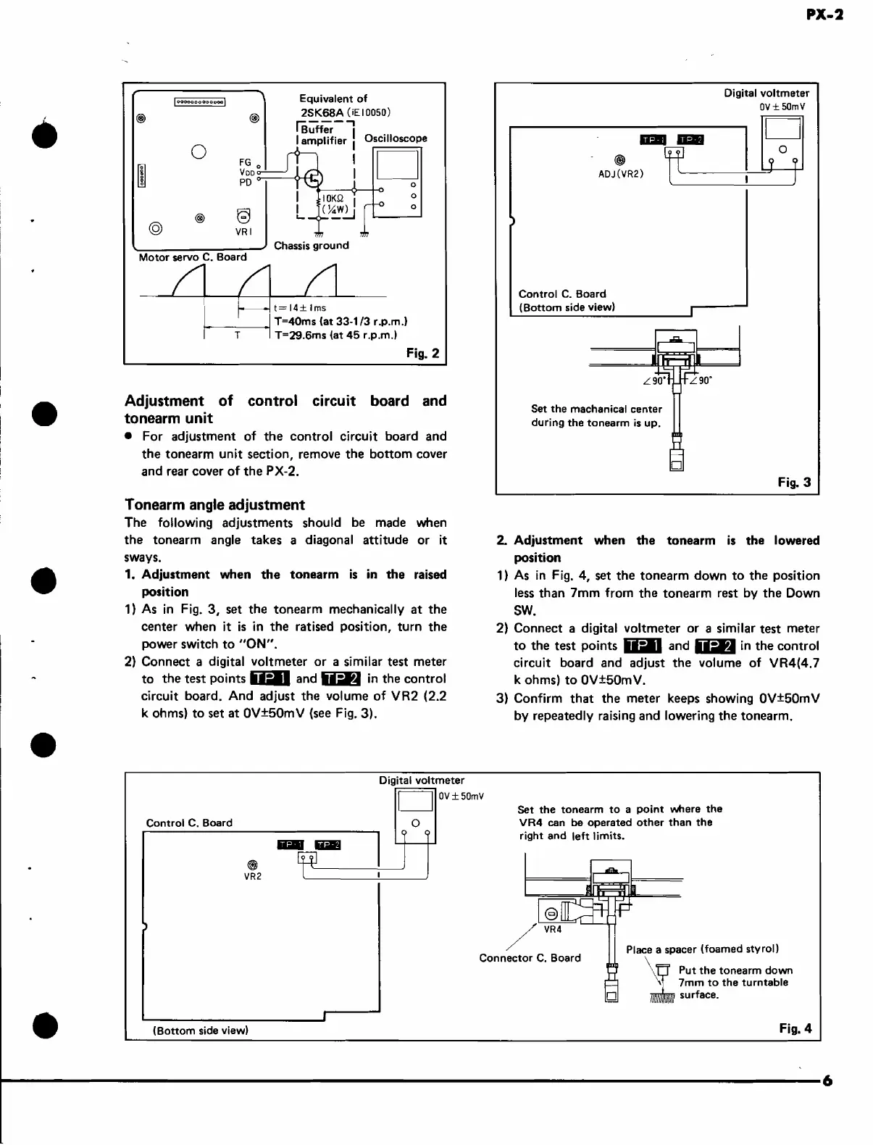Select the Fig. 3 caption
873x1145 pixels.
(x=794, y=482)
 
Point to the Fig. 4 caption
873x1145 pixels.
(x=795, y=1028)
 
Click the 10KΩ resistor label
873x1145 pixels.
(x=333, y=199)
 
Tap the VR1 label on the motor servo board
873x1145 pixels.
(x=243, y=233)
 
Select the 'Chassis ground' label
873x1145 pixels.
(x=312, y=245)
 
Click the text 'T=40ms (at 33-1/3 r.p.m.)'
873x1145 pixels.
(x=341, y=321)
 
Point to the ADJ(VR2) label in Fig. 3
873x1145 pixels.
(x=621, y=174)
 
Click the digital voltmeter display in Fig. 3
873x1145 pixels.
(x=782, y=129)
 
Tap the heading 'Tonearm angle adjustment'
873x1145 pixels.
(x=214, y=504)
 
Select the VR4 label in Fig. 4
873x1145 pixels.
(x=553, y=929)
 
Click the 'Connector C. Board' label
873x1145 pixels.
(x=530, y=957)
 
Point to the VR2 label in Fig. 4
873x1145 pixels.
(x=253, y=876)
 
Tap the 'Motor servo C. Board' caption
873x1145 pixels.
(x=193, y=257)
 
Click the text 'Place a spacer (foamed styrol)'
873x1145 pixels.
(x=702, y=949)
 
